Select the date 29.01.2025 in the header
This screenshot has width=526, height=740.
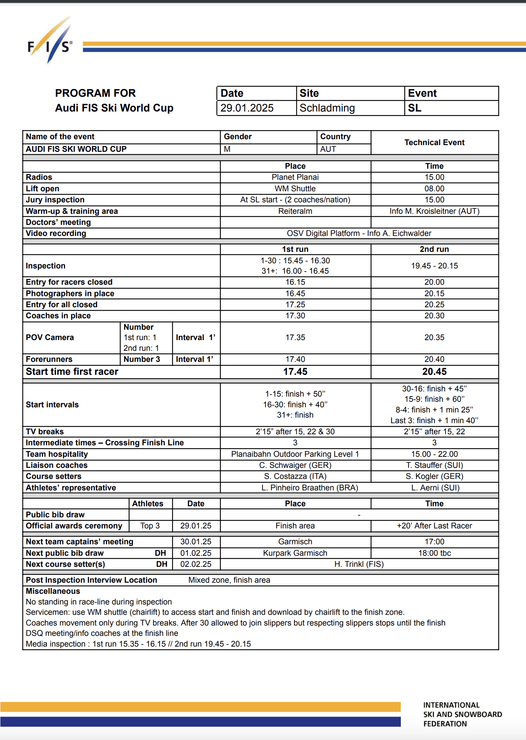point(247,108)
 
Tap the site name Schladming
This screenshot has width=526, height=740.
point(327,108)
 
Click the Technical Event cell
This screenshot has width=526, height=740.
point(434,143)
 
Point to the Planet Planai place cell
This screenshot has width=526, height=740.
point(295,177)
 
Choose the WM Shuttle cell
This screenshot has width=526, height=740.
point(295,189)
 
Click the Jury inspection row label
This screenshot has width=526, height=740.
point(55,200)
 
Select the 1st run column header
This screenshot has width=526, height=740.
point(295,249)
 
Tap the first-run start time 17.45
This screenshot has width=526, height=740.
point(295,371)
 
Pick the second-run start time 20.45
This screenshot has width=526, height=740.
point(434,371)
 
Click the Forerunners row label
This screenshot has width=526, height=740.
point(49,359)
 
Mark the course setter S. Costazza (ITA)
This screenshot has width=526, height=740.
point(295,476)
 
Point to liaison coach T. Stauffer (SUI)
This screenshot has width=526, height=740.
point(434,465)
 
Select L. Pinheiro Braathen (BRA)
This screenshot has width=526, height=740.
point(310,488)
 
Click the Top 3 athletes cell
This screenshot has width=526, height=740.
point(150,526)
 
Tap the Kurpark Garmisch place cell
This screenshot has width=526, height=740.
point(295,553)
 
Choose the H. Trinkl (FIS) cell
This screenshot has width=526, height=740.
point(359,564)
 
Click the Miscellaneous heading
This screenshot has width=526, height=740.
point(53,591)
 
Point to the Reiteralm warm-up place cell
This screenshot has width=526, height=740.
point(295,211)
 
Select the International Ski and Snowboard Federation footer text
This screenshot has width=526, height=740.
point(462,715)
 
